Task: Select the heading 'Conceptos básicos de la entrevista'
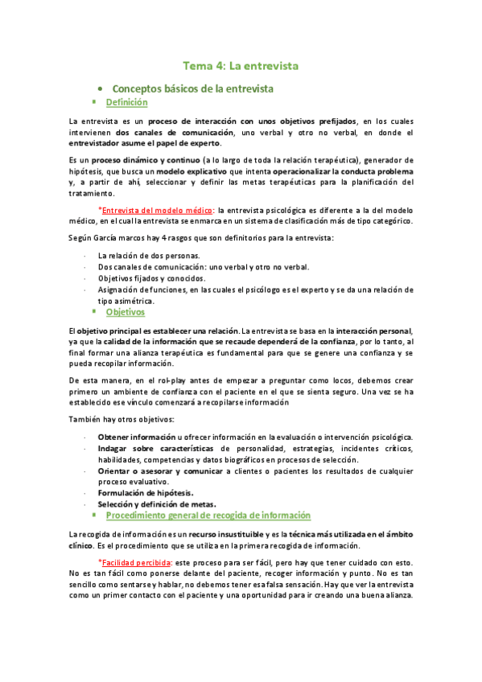(192, 88)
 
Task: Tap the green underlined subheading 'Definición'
(126, 102)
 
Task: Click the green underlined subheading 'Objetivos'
(126, 312)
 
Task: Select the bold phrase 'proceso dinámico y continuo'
(139, 161)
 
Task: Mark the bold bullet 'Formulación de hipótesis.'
(145, 492)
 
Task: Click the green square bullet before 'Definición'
(94, 102)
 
